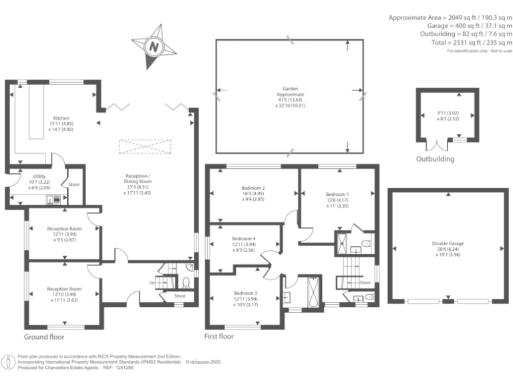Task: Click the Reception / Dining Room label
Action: click(138, 181)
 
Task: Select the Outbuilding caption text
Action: click(435, 159)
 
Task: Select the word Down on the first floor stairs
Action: click(365, 282)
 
